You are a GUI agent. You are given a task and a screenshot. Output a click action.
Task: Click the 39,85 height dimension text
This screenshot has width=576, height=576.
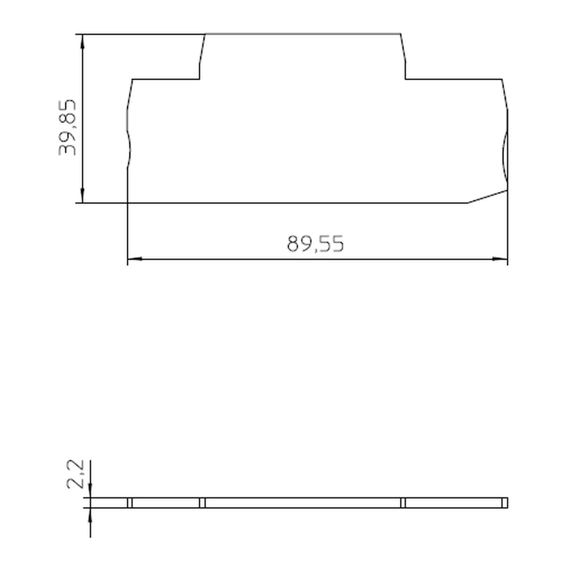(x=67, y=127)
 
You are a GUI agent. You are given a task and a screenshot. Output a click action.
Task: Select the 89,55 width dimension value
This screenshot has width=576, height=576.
(x=315, y=244)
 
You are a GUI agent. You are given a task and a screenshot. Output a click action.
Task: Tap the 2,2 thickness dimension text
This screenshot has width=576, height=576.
(x=76, y=474)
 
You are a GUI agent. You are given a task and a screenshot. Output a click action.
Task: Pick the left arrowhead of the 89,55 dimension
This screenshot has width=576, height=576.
(x=135, y=259)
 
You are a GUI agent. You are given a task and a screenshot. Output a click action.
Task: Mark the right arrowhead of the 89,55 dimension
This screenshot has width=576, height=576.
(x=500, y=259)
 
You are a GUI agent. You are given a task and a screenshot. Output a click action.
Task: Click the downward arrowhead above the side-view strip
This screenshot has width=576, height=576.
(x=90, y=492)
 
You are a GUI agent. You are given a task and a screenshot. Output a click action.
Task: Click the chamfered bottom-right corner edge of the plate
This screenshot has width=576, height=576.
(x=488, y=196)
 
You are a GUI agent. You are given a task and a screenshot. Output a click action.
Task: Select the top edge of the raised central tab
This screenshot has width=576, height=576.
(x=303, y=34)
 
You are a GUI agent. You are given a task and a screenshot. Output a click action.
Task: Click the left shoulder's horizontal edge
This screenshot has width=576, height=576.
(x=166, y=79)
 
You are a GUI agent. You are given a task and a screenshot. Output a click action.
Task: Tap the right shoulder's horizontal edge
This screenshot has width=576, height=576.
(x=453, y=79)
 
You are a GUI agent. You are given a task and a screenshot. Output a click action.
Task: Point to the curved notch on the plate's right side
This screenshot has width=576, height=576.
(x=504, y=158)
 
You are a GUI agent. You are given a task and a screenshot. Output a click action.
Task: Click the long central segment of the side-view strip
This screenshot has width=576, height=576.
(x=302, y=503)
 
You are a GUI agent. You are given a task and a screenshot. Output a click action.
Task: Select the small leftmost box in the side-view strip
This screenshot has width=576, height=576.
(x=130, y=503)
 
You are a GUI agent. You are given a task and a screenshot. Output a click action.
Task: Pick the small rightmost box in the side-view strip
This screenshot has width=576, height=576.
(x=505, y=503)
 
